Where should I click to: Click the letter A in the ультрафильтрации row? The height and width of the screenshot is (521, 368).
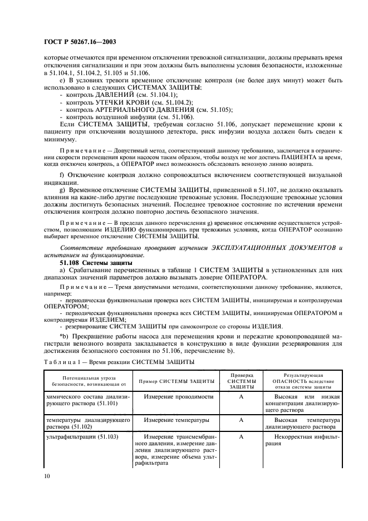coord(242,438)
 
